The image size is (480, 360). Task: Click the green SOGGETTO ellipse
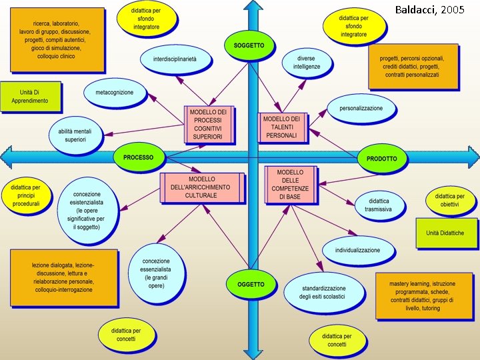(x=249, y=46)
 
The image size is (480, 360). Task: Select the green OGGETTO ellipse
(x=251, y=284)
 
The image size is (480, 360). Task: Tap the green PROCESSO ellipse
(x=138, y=158)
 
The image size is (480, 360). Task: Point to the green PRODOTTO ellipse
(x=381, y=159)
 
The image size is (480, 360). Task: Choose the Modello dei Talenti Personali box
(x=282, y=127)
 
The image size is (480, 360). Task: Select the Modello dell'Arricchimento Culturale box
(x=202, y=187)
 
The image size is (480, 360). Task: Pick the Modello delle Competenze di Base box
(x=290, y=184)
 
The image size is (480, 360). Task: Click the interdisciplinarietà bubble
(x=176, y=59)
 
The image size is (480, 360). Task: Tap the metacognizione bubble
(x=115, y=93)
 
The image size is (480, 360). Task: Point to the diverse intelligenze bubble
(x=307, y=63)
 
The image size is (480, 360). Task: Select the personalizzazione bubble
(x=361, y=108)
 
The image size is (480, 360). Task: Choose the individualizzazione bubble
(x=357, y=251)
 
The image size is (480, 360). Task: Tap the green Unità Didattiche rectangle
(x=445, y=233)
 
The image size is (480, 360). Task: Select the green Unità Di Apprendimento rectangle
(x=30, y=97)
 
